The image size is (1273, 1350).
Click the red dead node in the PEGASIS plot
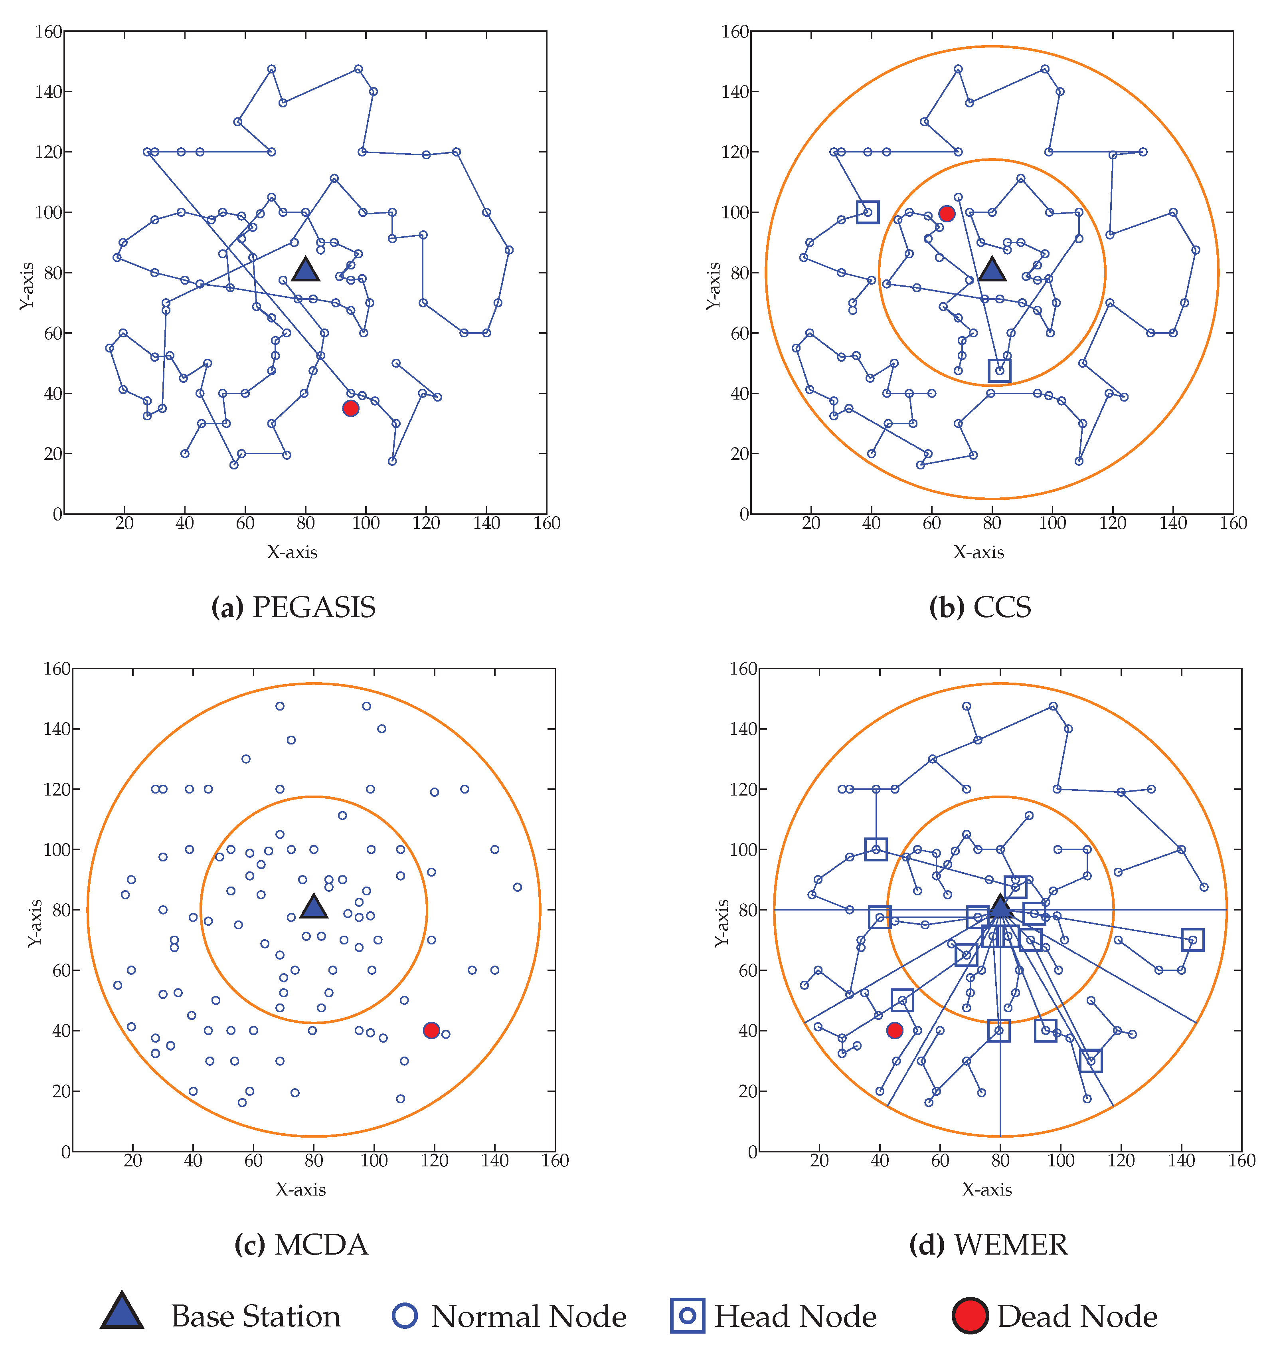click(350, 408)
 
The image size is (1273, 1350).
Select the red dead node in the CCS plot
click(947, 214)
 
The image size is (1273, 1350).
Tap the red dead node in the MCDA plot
click(431, 1030)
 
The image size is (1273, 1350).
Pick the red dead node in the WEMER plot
click(895, 1030)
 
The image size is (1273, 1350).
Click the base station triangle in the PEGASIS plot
click(306, 270)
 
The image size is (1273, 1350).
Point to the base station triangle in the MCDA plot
click(314, 907)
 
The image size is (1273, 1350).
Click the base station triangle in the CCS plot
click(992, 270)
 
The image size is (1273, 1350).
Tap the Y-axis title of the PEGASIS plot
click(27, 287)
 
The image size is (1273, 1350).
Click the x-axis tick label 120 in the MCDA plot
click(435, 1160)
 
